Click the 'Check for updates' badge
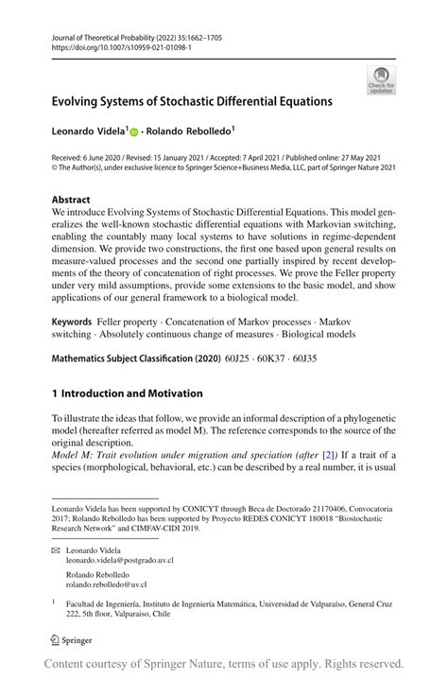(381, 80)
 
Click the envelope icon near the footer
(57, 549)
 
